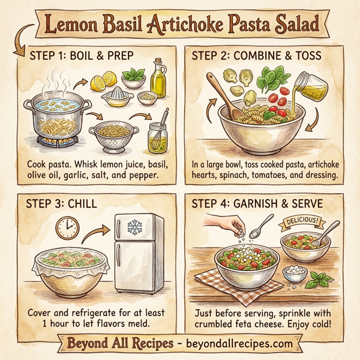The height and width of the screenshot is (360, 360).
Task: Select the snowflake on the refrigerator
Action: click(135, 228)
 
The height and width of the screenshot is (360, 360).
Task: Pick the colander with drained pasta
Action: click(110, 134)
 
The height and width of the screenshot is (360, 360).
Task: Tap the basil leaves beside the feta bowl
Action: click(322, 278)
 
